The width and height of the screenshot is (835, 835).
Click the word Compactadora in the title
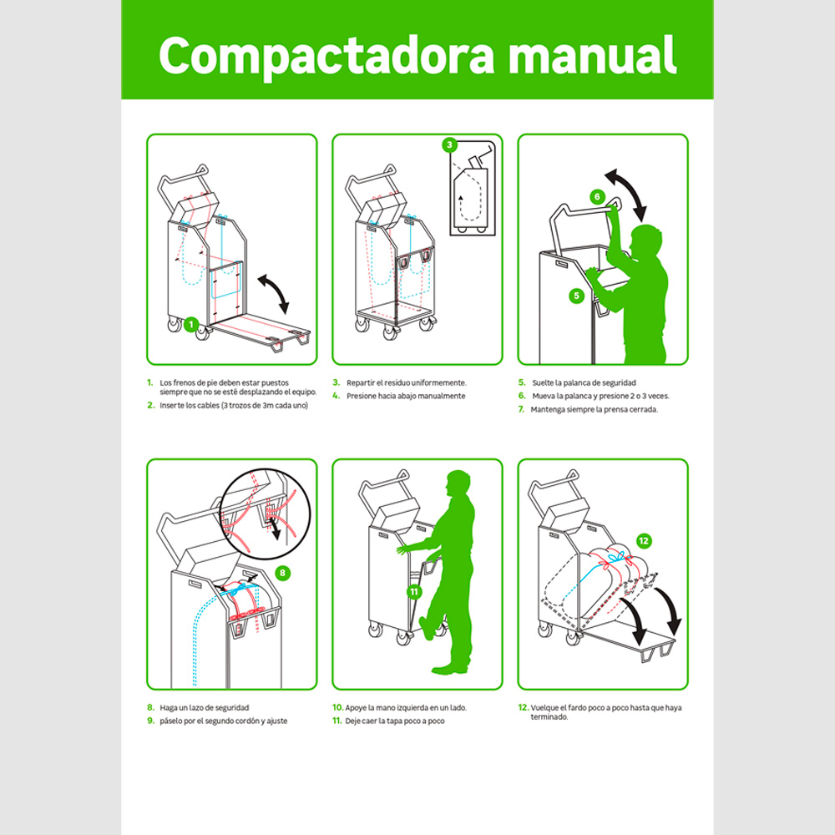326,57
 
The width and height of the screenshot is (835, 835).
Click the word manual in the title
593,55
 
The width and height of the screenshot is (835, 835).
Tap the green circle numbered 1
191,324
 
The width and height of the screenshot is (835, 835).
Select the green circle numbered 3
449,144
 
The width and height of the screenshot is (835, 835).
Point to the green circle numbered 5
576,296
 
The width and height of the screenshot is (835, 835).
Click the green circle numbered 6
597,196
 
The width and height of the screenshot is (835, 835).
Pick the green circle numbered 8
282,573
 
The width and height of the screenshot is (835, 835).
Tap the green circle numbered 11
414,592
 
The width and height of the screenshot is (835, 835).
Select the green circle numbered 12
643,541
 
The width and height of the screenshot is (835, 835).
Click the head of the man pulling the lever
646,240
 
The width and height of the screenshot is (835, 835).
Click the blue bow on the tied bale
615,558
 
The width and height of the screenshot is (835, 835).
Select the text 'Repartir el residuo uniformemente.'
407,383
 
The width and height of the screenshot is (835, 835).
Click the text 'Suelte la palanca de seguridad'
584,383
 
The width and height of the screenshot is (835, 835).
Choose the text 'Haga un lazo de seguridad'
205,708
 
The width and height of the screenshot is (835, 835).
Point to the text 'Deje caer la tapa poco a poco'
395,721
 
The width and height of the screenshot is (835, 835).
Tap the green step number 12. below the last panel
524,707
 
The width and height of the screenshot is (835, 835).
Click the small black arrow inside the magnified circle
276,529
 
